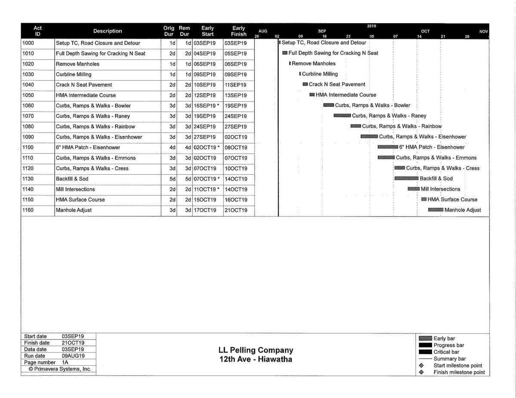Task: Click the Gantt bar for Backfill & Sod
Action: point(406,179)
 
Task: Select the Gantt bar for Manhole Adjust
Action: point(436,210)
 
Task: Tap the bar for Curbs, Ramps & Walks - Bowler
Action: point(329,105)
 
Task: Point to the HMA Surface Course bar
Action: point(424,199)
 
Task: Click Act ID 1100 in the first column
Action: point(28,147)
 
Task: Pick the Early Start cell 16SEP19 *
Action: point(207,106)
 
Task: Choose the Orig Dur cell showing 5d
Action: point(169,179)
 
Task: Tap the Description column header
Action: point(107,31)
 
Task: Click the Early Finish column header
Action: point(239,31)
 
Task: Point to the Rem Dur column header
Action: point(184,31)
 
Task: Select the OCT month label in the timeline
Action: point(425,31)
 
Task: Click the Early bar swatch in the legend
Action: point(425,339)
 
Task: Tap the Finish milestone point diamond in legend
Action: point(421,372)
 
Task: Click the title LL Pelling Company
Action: point(256,350)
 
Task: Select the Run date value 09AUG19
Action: point(73,356)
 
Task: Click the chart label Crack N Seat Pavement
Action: point(337,85)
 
